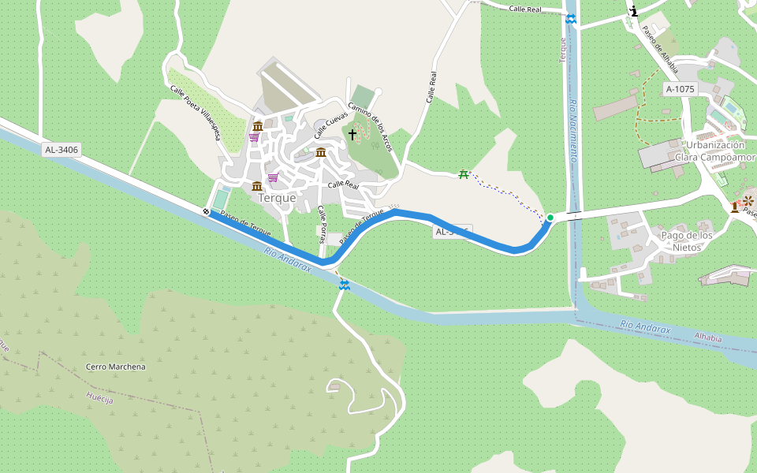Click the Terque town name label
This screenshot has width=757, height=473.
277,198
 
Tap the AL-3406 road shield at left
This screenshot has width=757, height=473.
62,149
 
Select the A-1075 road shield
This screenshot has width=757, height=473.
680,89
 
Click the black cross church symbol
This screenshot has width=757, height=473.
352,135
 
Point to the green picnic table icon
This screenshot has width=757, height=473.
463,174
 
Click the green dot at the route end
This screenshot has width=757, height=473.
550,218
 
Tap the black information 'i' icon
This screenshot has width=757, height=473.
634,11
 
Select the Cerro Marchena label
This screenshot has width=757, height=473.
116,367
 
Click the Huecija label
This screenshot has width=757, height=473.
100,400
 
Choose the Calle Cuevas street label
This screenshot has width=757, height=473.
331,124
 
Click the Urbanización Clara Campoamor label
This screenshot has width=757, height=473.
714,151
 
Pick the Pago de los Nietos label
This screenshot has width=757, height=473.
687,241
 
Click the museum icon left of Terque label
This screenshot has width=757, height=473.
257,186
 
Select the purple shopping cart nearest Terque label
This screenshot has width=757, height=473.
273,177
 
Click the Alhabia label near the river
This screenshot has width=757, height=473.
707,337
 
